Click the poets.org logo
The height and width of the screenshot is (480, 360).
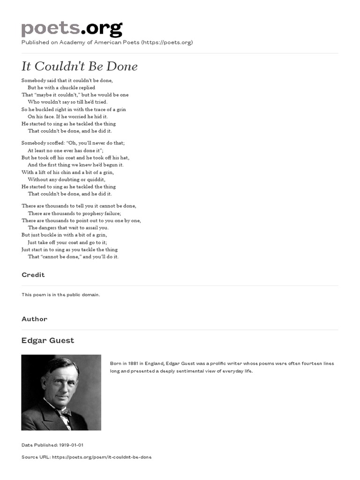pos(72,29)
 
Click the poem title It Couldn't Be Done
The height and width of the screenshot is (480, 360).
pos(80,67)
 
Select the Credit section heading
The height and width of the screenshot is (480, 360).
pos(33,275)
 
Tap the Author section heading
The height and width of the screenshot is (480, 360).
pos(34,319)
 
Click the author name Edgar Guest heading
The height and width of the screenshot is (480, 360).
pos(48,341)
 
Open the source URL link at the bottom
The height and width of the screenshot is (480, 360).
pos(102,457)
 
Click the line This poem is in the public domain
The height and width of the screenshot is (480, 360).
pos(61,295)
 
